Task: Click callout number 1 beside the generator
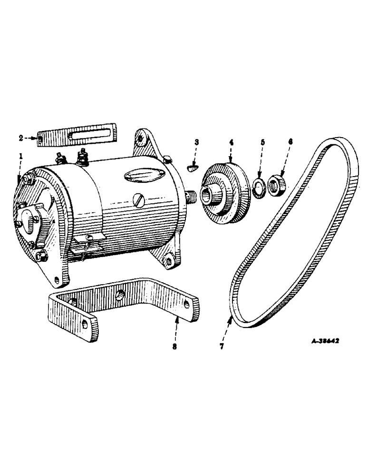(20, 156)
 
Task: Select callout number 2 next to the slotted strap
(21, 138)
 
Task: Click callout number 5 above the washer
(262, 142)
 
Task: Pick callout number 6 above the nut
(290, 142)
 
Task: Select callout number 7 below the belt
(222, 347)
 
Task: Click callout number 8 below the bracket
(174, 347)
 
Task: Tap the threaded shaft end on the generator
(192, 196)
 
